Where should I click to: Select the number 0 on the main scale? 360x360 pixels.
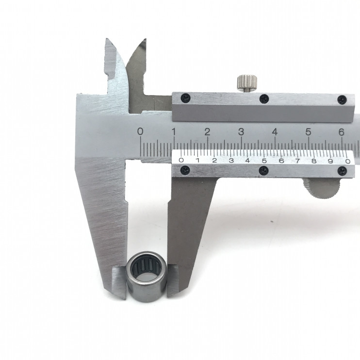pyautogui.click(x=140, y=131)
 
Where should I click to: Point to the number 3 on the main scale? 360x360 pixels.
pyautogui.click(x=241, y=132)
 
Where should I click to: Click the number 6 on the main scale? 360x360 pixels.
pyautogui.click(x=342, y=132)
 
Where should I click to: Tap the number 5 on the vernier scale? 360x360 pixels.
pyautogui.click(x=264, y=161)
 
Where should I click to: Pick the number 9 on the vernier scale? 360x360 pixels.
pyautogui.click(x=330, y=161)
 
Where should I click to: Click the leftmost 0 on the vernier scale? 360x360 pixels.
pyautogui.click(x=181, y=160)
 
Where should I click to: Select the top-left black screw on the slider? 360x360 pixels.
pyautogui.click(x=185, y=98)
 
